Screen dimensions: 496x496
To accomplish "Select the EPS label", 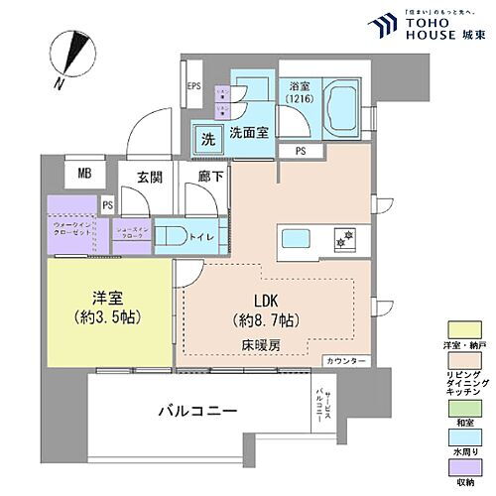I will [194, 86].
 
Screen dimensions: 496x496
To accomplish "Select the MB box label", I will [85, 173].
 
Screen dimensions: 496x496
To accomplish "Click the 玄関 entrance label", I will [149, 179].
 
